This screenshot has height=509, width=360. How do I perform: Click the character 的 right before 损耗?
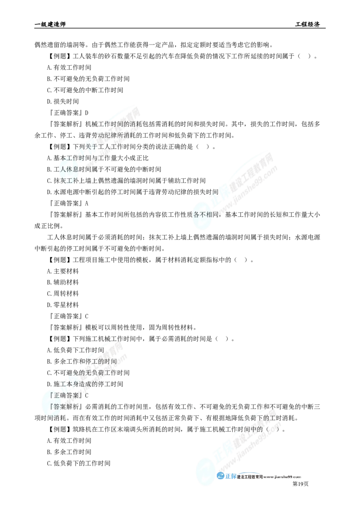point(127,124)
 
